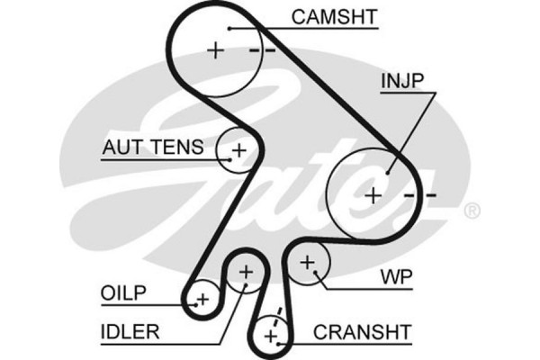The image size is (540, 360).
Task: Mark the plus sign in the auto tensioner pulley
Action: [238, 148]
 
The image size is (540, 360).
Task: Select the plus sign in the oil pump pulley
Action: [202, 299]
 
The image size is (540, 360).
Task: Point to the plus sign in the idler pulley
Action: [246, 271]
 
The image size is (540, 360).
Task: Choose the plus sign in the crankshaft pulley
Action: [271, 336]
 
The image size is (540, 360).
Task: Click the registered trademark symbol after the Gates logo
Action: [471, 211]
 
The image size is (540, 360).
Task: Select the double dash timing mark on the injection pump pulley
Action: [419, 194]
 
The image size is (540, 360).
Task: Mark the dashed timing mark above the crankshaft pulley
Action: [279, 315]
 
